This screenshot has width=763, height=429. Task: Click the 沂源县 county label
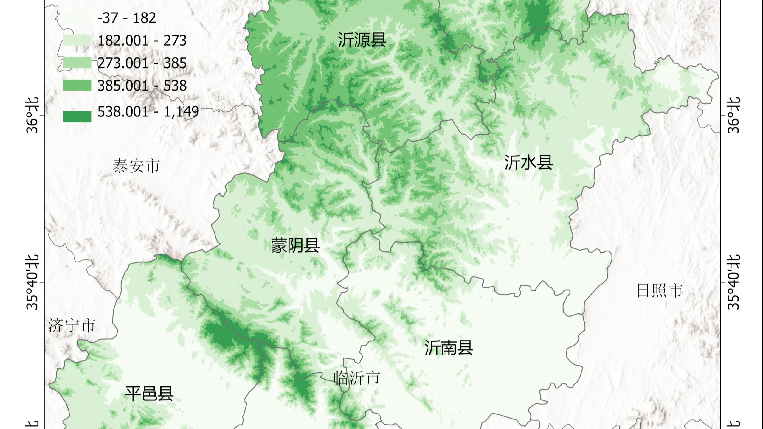point(362,40)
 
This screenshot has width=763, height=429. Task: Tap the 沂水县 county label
point(528,163)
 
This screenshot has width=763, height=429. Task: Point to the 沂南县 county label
point(449,347)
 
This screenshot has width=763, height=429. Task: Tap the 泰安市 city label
point(136,166)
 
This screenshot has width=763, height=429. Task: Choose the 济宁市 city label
point(72,325)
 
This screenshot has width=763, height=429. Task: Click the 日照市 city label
point(660,290)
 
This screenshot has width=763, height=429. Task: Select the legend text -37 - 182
point(127,18)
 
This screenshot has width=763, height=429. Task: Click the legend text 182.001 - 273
point(142,41)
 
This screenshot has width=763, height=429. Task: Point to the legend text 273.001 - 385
point(142,63)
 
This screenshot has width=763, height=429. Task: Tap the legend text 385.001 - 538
point(142,86)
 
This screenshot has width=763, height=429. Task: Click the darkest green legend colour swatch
point(77,116)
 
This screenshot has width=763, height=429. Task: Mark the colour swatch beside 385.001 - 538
point(77,86)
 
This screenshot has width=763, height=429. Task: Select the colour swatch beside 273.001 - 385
point(77,63)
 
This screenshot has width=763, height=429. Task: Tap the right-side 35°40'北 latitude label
point(733,282)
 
